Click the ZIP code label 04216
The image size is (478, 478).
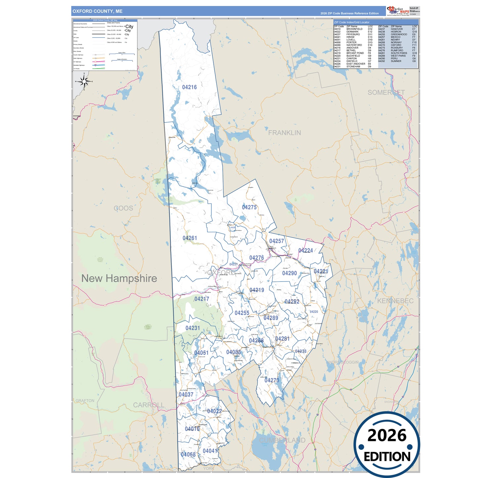point(189,87)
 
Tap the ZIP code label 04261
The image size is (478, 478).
point(190,238)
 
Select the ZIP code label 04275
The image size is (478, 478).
point(249,207)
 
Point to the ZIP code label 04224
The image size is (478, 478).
point(305,251)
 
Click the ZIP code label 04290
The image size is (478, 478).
point(289,273)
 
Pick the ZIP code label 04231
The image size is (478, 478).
point(193,328)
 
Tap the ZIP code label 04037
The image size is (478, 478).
point(186,395)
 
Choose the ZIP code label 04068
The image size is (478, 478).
point(188,455)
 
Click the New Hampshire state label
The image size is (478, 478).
point(119,279)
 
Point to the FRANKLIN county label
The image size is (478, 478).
point(284,133)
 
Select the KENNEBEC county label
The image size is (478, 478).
point(395,301)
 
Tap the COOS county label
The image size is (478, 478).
point(123,208)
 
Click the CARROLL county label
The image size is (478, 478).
point(149,405)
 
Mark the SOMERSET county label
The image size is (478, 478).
point(386,93)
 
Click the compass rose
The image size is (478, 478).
point(84,81)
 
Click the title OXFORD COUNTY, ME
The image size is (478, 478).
point(98,11)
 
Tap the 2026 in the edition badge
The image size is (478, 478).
point(387,436)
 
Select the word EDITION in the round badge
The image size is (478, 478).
point(387,457)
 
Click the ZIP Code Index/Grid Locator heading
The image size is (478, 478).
point(352,22)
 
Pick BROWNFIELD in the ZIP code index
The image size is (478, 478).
point(354,29)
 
